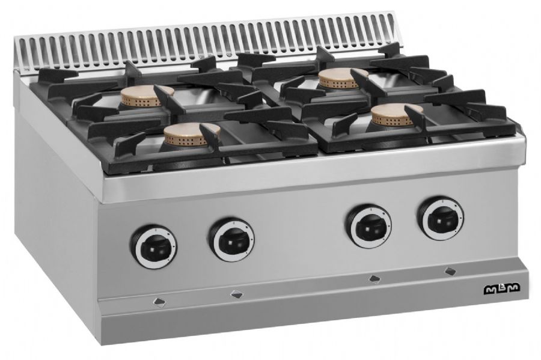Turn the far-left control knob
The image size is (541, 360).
[x=153, y=247]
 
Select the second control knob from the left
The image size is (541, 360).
[x=231, y=239]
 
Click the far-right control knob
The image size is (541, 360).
[x=441, y=218]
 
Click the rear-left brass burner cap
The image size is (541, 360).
[x=147, y=96]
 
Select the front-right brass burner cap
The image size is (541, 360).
[x=396, y=114]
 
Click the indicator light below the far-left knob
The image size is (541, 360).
[x=160, y=302]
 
